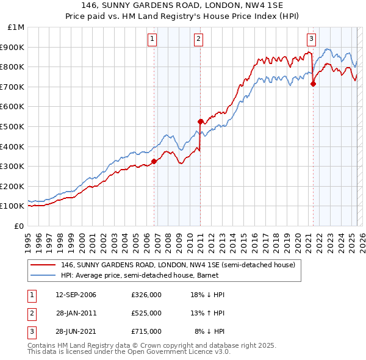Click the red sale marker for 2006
pos(154,161)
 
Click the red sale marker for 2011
pos(200,121)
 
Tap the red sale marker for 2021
pos(313,84)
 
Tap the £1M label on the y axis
pos(16,27)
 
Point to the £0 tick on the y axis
pos(20,226)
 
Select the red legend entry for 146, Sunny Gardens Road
pos(178,265)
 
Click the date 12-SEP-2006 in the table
pos(76,295)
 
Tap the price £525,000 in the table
pos(146,313)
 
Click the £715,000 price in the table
pos(146,331)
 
